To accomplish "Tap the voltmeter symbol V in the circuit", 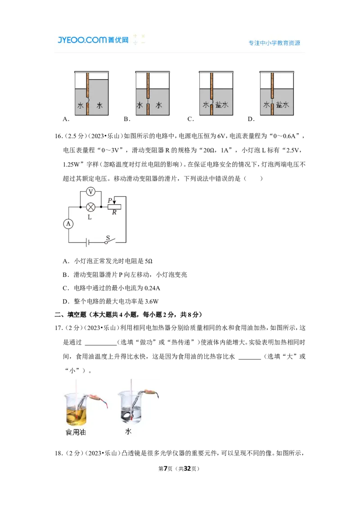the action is point(90,192).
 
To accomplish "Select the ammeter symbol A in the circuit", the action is point(68,223).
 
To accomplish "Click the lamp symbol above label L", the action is point(90,207).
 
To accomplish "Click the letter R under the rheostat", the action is point(114,213).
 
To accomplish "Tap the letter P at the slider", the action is point(110,200).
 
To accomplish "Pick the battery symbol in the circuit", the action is point(87,242).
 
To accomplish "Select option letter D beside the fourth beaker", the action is point(251,119).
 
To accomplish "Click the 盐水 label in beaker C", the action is point(222,104).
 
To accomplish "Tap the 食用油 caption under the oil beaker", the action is point(76,432).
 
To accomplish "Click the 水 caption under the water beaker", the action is point(128,431).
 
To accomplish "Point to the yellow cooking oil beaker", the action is point(76,409).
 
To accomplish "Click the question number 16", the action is point(58,136).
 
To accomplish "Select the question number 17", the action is point(58,328).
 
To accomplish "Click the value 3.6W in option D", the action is point(151,302).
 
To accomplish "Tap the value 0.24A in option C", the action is point(152,288).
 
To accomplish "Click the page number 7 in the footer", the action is point(166,469).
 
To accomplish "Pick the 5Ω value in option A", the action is point(148,261).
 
